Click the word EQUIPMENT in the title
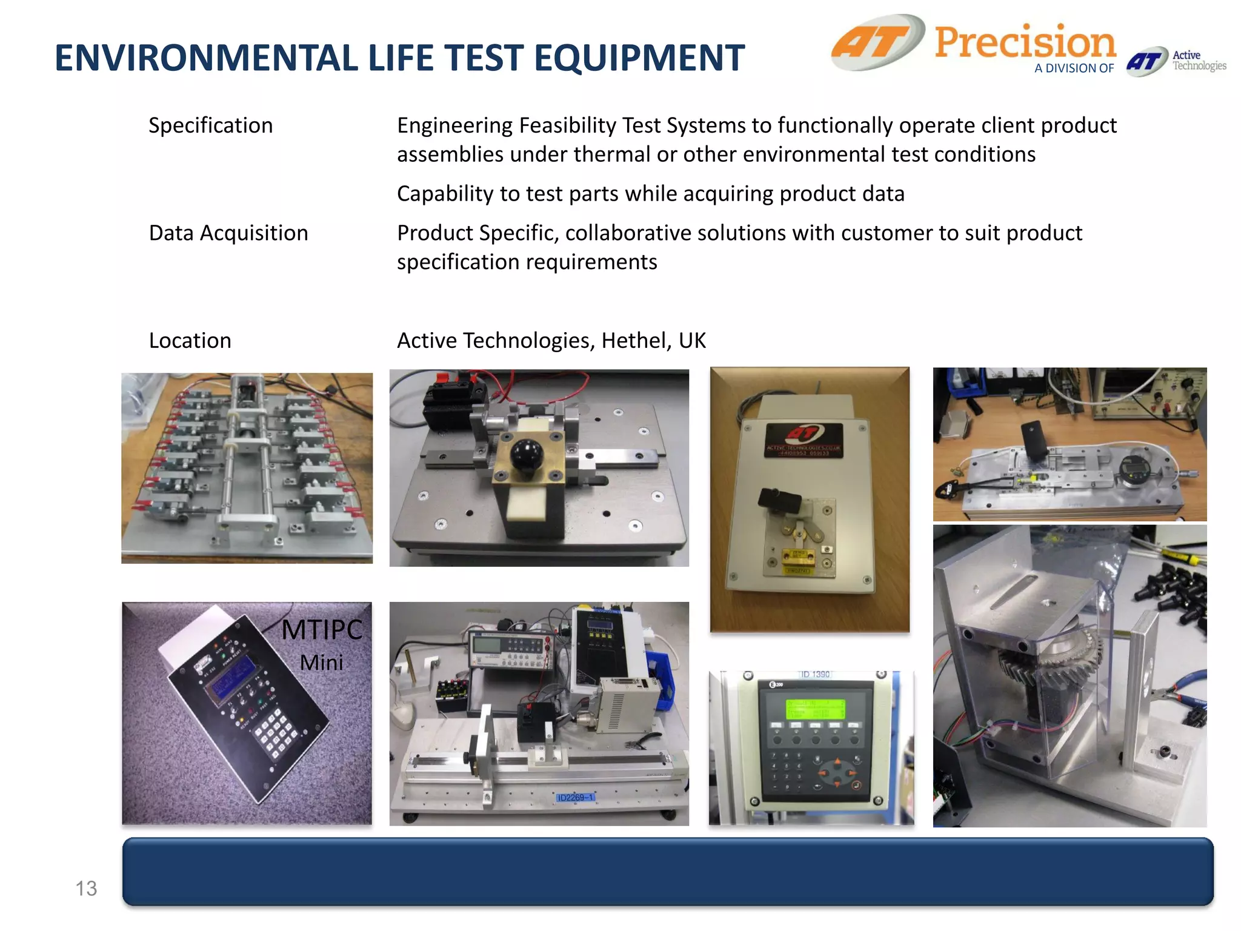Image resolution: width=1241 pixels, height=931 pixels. (x=639, y=58)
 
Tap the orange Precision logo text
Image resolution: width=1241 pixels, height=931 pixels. (x=1025, y=42)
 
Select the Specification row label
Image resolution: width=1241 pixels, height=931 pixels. (x=210, y=125)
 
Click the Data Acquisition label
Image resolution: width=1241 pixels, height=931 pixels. (x=228, y=233)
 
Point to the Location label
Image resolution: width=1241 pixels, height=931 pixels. (x=190, y=341)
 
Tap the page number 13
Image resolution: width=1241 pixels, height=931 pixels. (x=86, y=889)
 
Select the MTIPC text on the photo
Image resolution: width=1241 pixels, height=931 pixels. (x=322, y=630)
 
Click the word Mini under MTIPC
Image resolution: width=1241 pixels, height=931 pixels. (x=322, y=662)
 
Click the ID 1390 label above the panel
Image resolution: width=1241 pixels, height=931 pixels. (x=814, y=675)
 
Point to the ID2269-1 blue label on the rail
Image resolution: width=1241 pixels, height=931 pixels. (x=575, y=797)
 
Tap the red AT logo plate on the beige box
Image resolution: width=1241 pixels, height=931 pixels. (x=803, y=439)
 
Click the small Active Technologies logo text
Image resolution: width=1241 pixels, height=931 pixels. (x=1198, y=61)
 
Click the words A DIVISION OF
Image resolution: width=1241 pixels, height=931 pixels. (x=1074, y=68)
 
